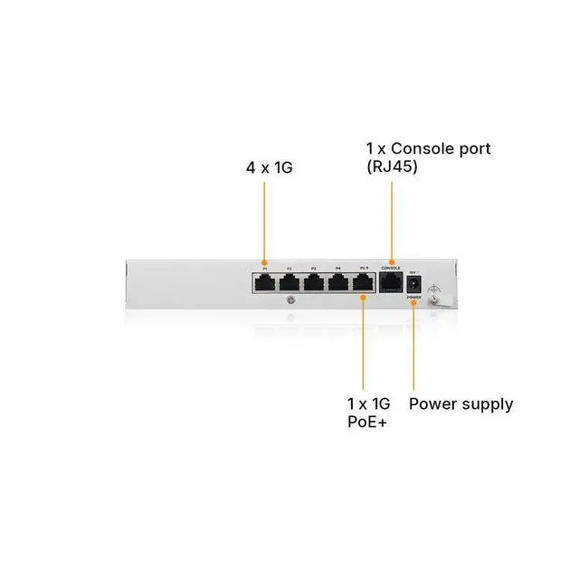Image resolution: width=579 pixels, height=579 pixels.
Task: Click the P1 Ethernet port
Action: (265, 282)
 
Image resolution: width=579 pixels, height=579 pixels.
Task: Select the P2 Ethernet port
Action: (289, 282)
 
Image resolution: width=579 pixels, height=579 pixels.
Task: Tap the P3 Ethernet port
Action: (313, 282)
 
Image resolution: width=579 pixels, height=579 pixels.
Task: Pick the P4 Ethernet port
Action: (337, 282)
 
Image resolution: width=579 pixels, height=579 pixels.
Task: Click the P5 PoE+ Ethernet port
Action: (362, 282)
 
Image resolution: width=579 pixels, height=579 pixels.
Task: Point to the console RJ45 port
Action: (391, 282)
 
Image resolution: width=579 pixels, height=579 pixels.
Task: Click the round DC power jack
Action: (414, 281)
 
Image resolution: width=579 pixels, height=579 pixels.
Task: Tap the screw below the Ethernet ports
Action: (289, 300)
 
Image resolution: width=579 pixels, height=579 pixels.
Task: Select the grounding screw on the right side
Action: (435, 298)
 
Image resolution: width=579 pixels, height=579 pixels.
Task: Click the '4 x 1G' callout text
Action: (270, 167)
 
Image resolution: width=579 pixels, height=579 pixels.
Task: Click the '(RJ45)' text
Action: (392, 166)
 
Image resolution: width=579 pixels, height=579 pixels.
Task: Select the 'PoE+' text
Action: (366, 422)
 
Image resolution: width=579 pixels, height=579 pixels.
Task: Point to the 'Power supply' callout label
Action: (460, 403)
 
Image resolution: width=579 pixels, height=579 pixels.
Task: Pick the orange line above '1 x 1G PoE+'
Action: (363, 348)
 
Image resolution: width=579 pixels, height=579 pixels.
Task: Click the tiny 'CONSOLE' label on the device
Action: (391, 268)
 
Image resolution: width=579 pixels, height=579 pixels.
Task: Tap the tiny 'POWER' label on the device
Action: (414, 296)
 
